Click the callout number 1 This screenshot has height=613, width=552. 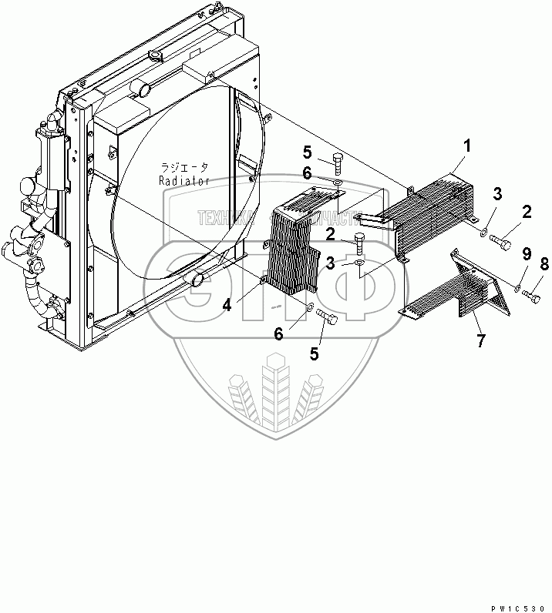click(466, 145)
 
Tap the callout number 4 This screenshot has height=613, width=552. click(226, 306)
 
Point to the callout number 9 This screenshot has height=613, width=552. click(526, 254)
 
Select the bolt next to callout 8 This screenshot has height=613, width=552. click(530, 291)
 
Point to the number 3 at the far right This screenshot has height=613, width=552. click(499, 193)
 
